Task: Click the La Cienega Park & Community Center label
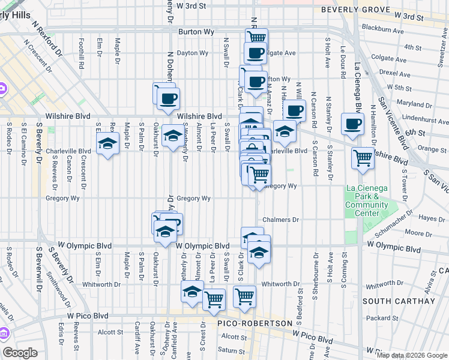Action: coord(367,200)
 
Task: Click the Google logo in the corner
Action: coord(20,353)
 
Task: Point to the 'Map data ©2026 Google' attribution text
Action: coord(412,355)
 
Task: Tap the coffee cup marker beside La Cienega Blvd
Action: coord(352,124)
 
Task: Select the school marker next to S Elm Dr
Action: coord(108,144)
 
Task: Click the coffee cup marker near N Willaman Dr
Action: coord(294,110)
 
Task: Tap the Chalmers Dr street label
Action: coord(280,220)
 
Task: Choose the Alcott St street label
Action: coord(110,331)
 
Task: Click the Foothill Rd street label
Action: coord(81,53)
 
